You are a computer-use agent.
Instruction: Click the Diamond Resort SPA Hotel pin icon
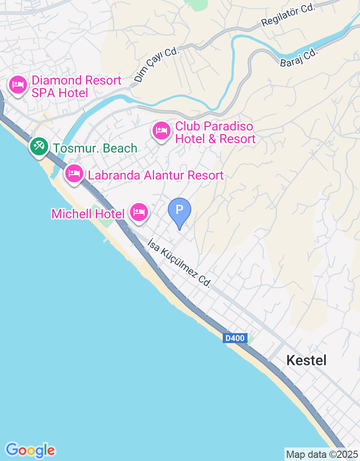coord(18,85)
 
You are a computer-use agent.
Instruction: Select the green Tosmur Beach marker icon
coord(39,146)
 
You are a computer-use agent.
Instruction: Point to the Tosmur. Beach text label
coord(95,148)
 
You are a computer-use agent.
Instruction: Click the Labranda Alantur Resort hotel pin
coord(74,174)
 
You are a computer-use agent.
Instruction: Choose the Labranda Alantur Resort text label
coord(156,176)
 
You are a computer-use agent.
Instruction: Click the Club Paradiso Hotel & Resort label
coord(215,132)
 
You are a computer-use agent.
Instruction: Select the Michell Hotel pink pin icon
coord(139,212)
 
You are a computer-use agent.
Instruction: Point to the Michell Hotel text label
coord(88,214)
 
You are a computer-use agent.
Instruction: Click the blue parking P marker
coord(180,211)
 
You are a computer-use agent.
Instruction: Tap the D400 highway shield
coord(235,338)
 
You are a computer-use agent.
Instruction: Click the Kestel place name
coord(306,360)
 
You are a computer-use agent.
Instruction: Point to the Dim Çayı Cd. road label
coord(157,65)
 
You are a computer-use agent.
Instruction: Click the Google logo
coord(30,450)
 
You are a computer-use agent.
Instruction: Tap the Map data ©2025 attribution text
coord(322,454)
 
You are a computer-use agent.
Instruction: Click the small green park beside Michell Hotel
coord(97,210)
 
